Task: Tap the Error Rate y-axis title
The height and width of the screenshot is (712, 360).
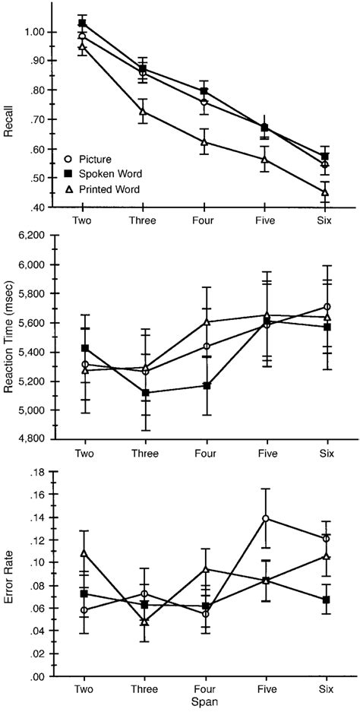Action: [9, 576]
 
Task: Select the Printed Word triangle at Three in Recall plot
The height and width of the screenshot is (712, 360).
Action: [143, 112]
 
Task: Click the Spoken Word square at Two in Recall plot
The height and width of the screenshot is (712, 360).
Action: [82, 24]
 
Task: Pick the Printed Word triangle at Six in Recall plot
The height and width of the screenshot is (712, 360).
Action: [325, 192]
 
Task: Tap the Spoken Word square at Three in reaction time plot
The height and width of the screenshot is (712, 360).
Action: [143, 393]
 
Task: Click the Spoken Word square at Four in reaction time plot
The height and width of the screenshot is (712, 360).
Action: [204, 385]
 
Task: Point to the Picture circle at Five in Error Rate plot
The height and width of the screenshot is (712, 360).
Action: [264, 518]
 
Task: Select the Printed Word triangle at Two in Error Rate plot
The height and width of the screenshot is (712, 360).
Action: [82, 552]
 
